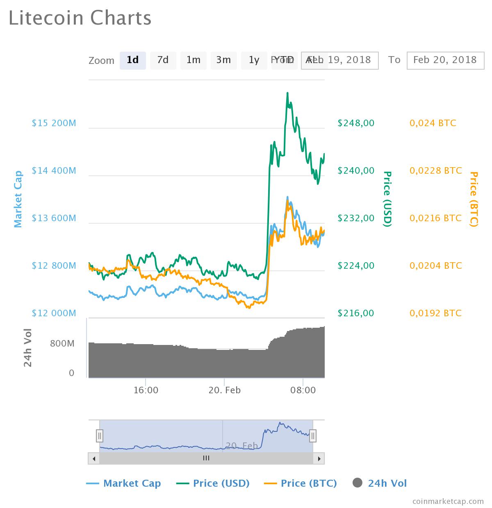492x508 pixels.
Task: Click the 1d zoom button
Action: tap(132, 60)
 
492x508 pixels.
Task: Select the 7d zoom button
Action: tap(163, 60)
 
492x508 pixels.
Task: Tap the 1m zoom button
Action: tap(193, 60)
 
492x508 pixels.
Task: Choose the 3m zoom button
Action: tap(223, 60)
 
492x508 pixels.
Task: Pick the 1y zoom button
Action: tap(254, 60)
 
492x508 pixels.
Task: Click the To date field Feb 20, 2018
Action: tap(445, 60)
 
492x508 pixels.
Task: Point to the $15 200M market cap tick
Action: tap(54, 123)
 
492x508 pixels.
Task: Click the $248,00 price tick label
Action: tap(356, 123)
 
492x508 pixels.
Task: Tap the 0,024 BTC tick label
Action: tap(433, 123)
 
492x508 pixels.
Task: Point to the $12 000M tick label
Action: tap(54, 313)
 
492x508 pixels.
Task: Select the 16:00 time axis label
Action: tap(146, 390)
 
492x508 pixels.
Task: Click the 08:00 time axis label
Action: tap(303, 390)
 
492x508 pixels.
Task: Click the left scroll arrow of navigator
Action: tap(94, 458)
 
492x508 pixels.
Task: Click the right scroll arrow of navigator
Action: tap(319, 458)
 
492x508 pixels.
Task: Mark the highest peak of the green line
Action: tap(287, 93)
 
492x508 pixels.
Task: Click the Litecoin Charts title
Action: tap(80, 18)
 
